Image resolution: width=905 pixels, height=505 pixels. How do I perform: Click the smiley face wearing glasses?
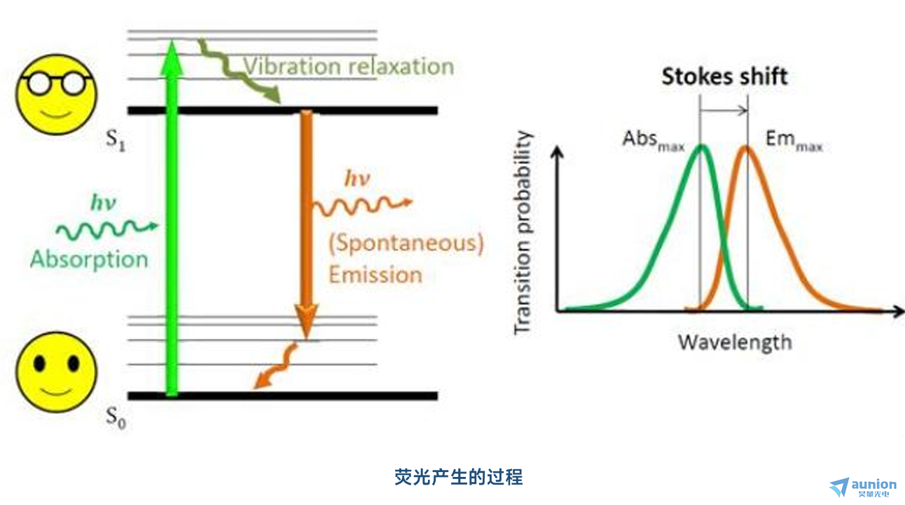tap(57, 95)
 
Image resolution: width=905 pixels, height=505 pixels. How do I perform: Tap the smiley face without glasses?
tap(57, 372)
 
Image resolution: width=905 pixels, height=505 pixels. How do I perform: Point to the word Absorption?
tap(89, 260)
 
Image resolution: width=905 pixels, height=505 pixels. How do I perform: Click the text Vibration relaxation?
tap(349, 67)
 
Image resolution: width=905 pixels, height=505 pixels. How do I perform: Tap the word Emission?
tap(375, 275)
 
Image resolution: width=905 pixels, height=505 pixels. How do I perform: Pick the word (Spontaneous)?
tap(406, 243)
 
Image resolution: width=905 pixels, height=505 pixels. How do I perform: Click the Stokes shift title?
tap(725, 76)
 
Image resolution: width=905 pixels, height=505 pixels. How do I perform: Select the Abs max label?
tap(654, 140)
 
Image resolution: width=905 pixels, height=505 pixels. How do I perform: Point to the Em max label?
tap(794, 140)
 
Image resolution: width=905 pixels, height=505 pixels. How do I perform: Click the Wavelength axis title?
tap(735, 343)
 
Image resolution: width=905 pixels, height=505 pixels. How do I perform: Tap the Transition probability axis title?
tap(523, 233)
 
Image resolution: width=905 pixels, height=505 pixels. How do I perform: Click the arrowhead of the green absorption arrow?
tap(172, 57)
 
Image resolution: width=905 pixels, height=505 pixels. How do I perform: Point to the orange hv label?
tap(357, 178)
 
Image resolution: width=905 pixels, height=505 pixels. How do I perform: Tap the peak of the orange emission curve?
tap(746, 147)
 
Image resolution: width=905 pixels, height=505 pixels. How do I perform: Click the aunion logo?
tap(863, 487)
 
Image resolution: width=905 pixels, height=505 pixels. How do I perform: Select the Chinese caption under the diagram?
tap(459, 477)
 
